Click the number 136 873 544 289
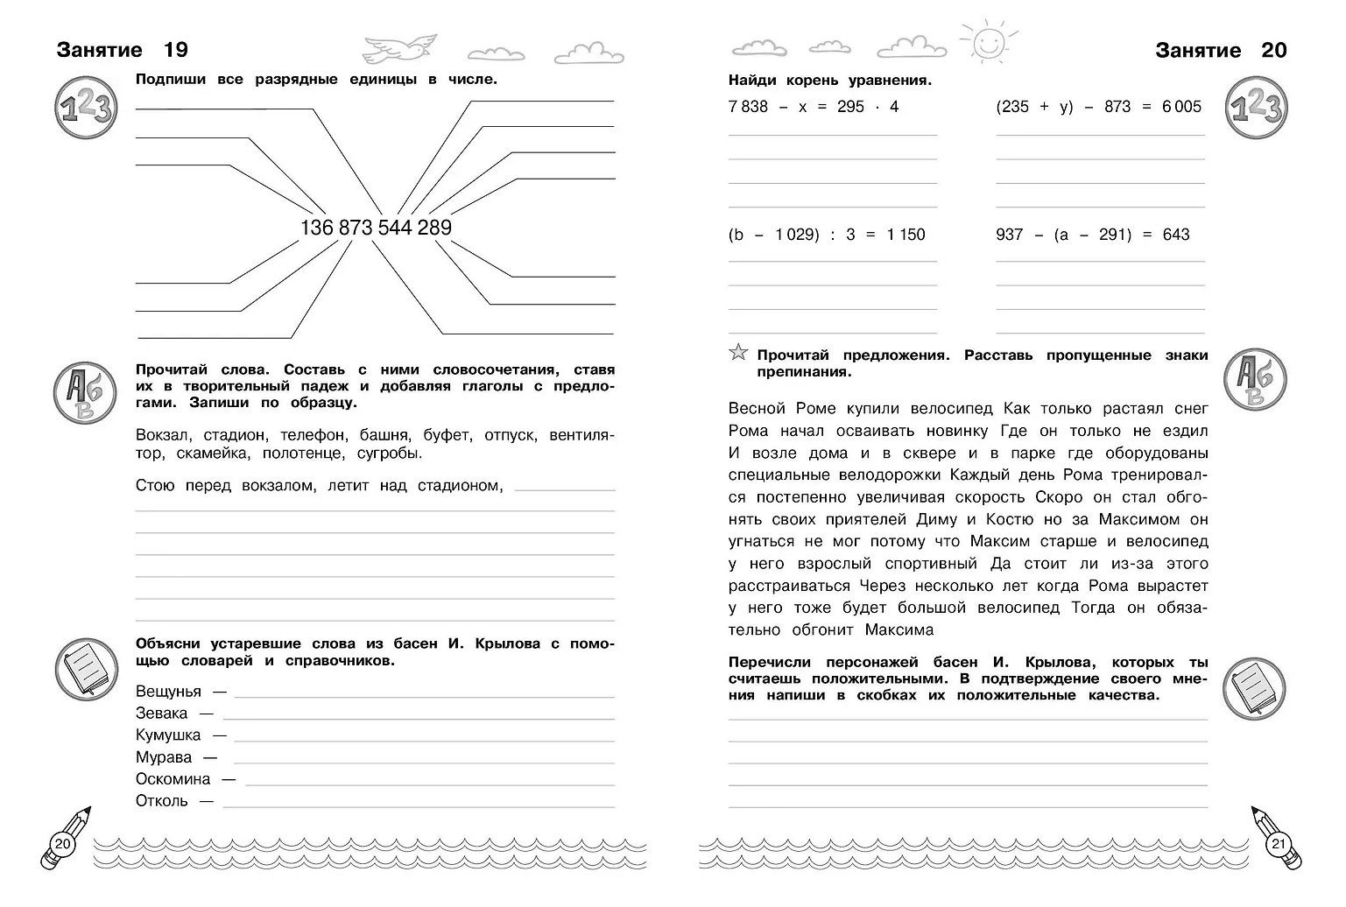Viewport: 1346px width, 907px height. click(x=376, y=228)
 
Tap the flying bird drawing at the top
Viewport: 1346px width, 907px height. click(x=398, y=47)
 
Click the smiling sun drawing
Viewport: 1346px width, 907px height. click(x=990, y=42)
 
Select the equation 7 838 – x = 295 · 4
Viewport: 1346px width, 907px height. click(x=814, y=107)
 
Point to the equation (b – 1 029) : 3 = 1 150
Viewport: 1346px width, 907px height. click(x=827, y=235)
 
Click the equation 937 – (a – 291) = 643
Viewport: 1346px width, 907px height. click(x=1093, y=235)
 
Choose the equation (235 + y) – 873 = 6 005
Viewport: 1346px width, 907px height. click(x=1099, y=107)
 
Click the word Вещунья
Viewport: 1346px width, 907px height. click(x=168, y=692)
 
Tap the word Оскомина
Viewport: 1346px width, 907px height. click(x=173, y=779)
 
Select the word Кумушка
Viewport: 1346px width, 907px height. click(x=168, y=735)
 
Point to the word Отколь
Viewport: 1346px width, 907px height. click(x=162, y=801)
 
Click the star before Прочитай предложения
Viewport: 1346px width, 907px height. click(x=738, y=354)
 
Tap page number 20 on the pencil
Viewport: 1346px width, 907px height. click(x=62, y=845)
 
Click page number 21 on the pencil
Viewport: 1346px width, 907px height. click(x=1278, y=845)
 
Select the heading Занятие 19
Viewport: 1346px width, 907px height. click(x=122, y=51)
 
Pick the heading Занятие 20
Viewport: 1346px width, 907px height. click(x=1221, y=51)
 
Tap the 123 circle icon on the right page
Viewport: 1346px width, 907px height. click(x=1257, y=109)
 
